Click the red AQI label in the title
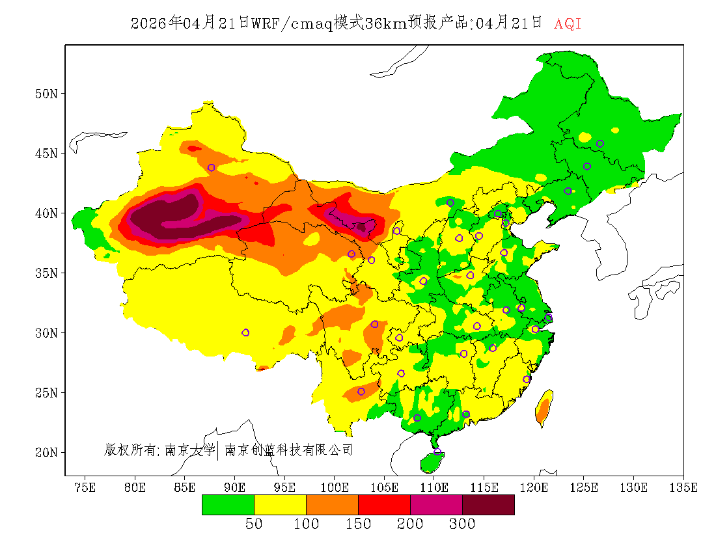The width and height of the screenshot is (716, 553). pos(567,24)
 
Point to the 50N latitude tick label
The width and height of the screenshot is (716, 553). pos(46,93)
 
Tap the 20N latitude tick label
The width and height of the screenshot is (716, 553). pos(46,452)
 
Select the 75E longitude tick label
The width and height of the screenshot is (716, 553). pos(85,487)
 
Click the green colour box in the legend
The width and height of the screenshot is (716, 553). pos(228,505)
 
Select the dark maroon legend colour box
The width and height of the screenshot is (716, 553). pos(488,505)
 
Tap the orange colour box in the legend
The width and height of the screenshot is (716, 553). pos(332,505)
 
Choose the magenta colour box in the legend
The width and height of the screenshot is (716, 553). pos(436,505)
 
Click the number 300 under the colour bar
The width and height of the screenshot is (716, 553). pos(462,524)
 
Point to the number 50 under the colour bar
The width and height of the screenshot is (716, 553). pos(254,524)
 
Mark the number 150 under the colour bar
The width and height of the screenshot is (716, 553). pos(358,524)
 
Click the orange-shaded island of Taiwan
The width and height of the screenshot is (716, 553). pos(544,409)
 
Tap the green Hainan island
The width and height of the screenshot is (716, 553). pos(431,462)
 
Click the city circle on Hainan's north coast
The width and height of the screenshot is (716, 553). pos(437,452)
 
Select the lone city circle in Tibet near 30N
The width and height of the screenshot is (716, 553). pos(245,332)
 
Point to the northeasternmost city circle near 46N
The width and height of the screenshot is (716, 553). pos(600,144)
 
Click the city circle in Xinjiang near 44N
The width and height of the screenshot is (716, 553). pos(211,168)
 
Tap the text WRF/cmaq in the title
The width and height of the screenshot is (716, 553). pos(292,24)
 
